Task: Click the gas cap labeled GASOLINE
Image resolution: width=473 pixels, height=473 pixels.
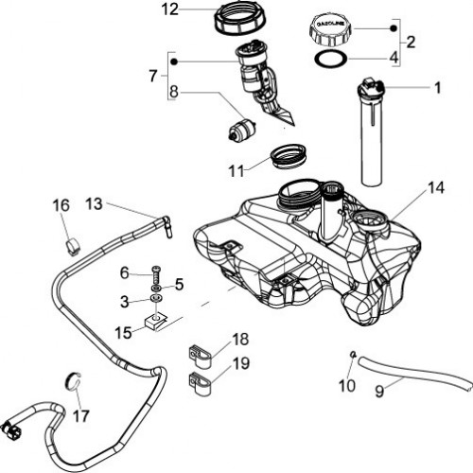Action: [x=330, y=30]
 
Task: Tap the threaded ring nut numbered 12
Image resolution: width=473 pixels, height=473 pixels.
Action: [x=240, y=18]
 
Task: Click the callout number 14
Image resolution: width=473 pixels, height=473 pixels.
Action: [x=436, y=188]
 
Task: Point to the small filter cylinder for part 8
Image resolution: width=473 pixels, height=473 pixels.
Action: [x=242, y=129]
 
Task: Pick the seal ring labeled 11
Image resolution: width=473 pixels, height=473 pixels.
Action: [x=289, y=156]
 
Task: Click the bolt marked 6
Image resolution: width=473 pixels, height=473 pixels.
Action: [x=157, y=275]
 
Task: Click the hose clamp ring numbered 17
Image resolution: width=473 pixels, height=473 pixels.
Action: [x=73, y=382]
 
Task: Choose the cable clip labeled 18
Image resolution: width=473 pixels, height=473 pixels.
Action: [x=200, y=356]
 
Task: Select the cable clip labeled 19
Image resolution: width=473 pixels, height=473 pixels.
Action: [x=200, y=382]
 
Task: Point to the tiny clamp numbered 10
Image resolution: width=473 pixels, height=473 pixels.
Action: [x=354, y=354]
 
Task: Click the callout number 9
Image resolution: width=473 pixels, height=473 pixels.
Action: [x=379, y=392]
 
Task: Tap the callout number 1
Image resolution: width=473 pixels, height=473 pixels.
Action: [x=437, y=88]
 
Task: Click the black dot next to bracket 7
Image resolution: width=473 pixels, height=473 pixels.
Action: [x=174, y=61]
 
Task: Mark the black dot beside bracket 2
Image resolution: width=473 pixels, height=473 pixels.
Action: [x=394, y=28]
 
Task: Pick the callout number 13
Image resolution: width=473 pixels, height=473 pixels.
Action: [x=94, y=203]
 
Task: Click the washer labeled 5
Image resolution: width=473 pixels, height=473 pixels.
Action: [x=156, y=288]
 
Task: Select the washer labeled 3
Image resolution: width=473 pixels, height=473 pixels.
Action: [x=156, y=298]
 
